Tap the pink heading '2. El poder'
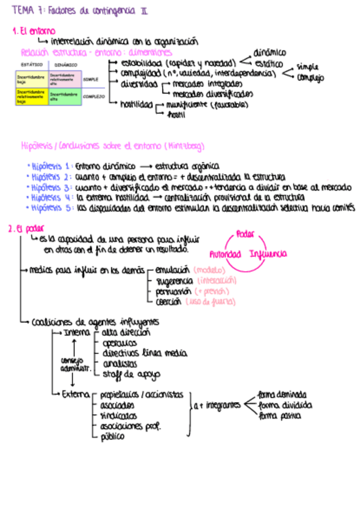click(x=26, y=228)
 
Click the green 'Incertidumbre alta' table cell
click(x=64, y=96)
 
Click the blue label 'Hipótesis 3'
click(x=50, y=187)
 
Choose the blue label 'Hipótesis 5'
click(x=50, y=207)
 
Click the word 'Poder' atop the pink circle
click(x=245, y=233)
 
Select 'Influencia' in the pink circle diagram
click(x=268, y=253)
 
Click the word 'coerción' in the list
click(x=168, y=302)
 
